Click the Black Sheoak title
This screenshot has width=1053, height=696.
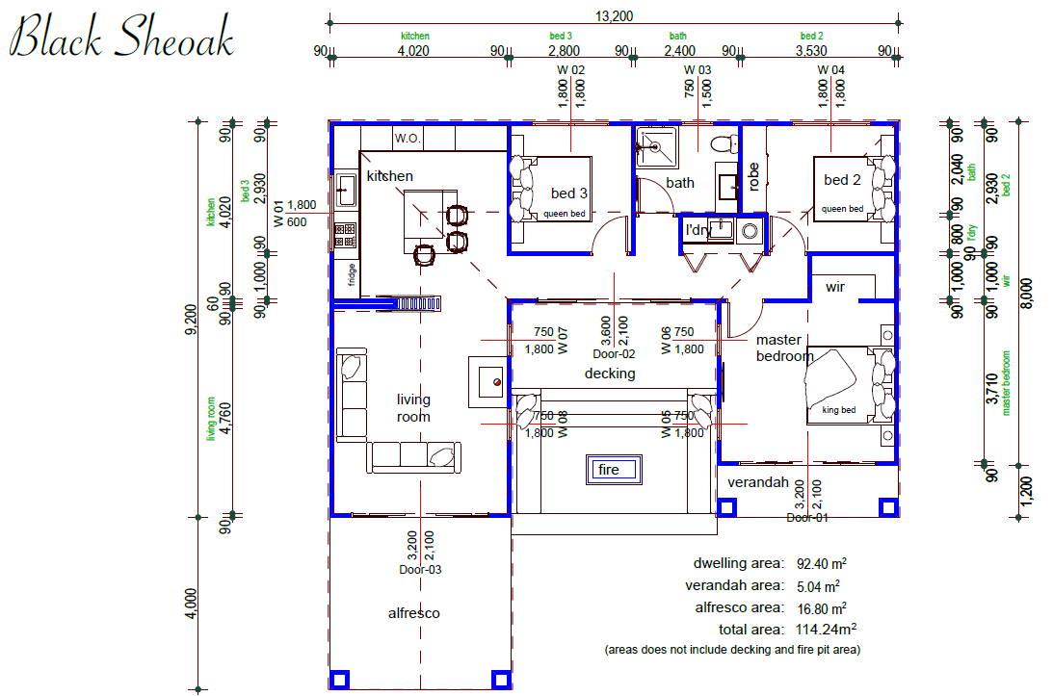pos(120,37)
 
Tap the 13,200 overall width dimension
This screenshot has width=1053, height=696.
pos(614,15)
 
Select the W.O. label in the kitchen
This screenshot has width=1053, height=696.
pos(408,139)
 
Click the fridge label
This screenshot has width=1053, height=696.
pos(352,274)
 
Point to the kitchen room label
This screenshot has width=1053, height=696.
pos(389,176)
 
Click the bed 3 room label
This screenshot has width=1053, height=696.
pos(568,193)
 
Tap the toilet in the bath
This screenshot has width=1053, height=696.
pos(724,143)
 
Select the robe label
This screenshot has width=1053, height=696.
pos(752,176)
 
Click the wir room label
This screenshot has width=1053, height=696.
pos(834,287)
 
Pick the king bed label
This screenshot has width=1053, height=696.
pos(839,409)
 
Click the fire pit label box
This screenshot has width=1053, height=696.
pos(614,470)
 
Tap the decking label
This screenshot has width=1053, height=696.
pos(610,374)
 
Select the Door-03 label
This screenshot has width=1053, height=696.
pos(420,570)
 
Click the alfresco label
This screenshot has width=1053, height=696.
pos(413,613)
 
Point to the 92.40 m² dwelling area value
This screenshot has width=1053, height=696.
pos(822,564)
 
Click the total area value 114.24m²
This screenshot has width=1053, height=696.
pos(826,630)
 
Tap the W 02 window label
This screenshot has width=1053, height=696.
pos(571,70)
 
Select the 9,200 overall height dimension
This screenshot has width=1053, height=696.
pos(190,321)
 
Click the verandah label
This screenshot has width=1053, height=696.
pos(758,482)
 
